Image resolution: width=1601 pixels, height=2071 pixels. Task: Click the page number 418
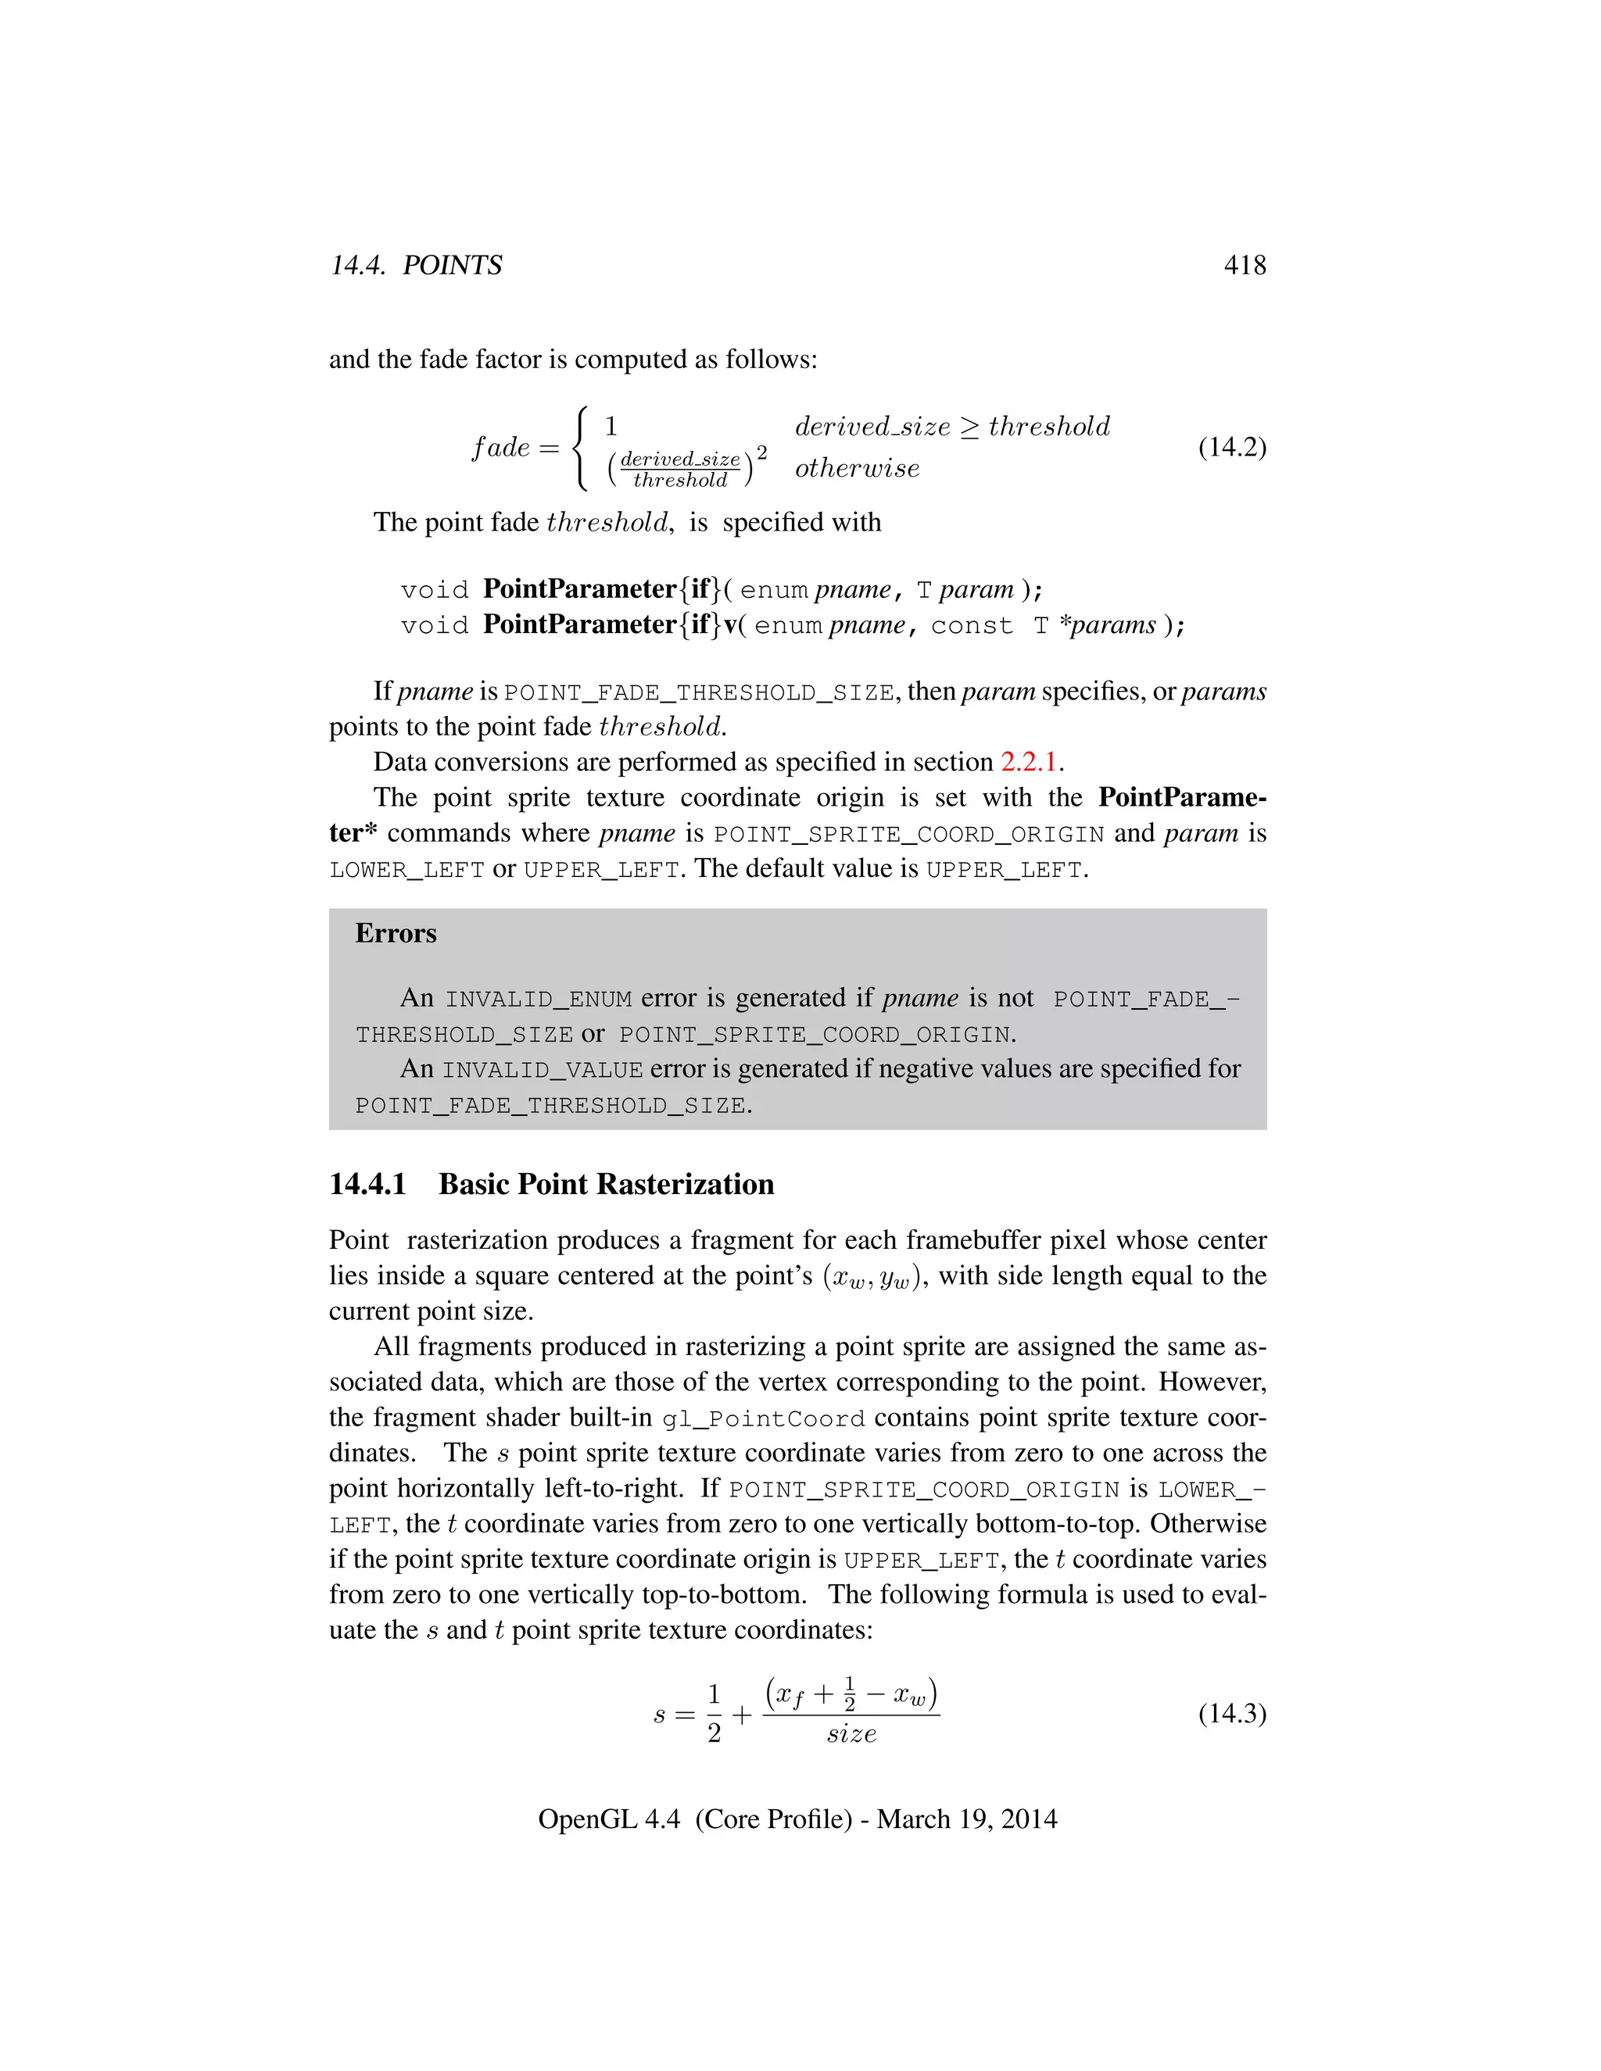coord(1245,265)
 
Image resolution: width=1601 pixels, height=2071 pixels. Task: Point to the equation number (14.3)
coord(1232,1714)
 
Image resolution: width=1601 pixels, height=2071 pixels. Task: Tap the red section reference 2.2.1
coord(1028,763)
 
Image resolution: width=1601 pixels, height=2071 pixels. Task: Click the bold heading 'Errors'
coord(396,933)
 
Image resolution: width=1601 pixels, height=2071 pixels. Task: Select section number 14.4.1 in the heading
coord(368,1184)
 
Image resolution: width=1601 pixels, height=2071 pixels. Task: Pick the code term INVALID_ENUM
coord(538,1000)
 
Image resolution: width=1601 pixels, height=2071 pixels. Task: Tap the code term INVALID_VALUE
coord(542,1071)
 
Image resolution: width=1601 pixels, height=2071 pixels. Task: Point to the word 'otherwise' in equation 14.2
coord(857,468)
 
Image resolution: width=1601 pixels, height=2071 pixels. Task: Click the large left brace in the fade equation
coord(582,448)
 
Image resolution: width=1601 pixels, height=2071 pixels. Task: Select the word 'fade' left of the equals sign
coord(501,448)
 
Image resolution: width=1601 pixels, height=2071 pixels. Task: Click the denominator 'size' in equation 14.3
coord(851,1734)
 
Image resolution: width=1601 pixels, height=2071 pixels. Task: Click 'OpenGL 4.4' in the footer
coord(609,1819)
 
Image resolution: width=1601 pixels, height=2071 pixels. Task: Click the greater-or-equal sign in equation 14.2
coord(969,427)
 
